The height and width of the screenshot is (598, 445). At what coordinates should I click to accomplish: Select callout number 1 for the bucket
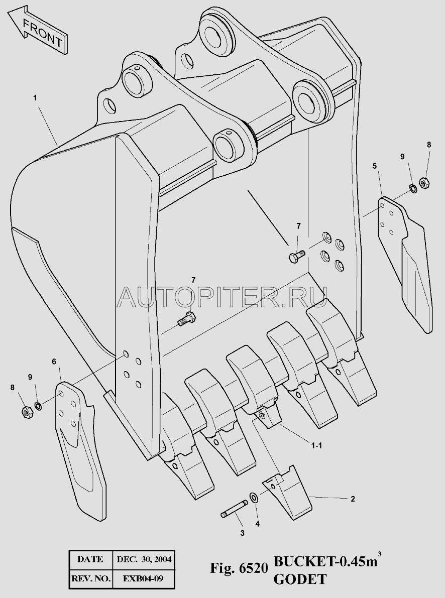[x=35, y=98]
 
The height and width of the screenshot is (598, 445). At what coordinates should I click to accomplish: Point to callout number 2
[x=353, y=499]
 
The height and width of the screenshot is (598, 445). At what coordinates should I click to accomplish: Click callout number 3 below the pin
[x=242, y=533]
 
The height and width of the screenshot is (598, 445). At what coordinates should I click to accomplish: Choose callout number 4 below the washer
[x=258, y=524]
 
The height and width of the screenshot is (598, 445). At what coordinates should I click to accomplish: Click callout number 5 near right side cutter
[x=374, y=166]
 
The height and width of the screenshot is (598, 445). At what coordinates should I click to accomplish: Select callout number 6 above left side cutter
[x=54, y=361]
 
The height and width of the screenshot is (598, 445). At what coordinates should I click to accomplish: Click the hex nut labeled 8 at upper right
[x=424, y=183]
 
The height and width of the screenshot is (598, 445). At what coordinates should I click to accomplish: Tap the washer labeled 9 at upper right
[x=412, y=188]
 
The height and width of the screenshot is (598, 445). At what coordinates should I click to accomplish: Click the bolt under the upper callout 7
[x=296, y=256]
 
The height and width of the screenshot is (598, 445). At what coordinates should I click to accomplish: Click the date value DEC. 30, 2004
[x=144, y=559]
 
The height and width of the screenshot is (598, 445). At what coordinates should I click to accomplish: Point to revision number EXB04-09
[x=143, y=578]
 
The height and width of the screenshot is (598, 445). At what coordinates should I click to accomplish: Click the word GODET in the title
[x=300, y=579]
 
